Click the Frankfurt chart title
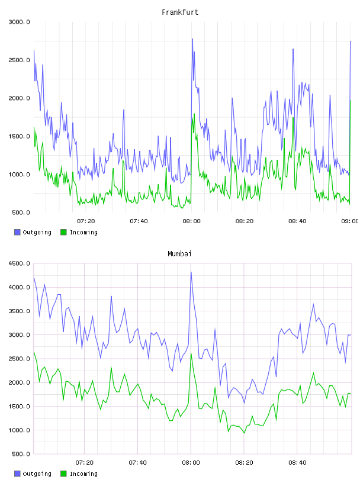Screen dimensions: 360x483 click(x=180, y=12)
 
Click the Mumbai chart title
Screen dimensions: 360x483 click(x=179, y=253)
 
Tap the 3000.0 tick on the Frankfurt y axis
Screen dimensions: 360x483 click(x=20, y=22)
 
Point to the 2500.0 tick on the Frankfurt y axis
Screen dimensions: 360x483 click(x=20, y=60)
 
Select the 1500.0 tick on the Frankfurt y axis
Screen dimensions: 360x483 click(x=20, y=137)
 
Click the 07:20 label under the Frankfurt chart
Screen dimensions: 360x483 click(x=86, y=221)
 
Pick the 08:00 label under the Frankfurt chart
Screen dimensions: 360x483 click(x=191, y=221)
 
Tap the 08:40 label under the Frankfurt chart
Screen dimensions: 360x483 click(x=297, y=221)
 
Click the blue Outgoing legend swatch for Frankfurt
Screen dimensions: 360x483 click(x=17, y=232)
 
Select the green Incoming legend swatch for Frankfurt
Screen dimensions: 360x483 click(x=63, y=232)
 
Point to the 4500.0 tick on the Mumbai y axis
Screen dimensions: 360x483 click(x=20, y=263)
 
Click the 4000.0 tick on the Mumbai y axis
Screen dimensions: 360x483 click(x=20, y=288)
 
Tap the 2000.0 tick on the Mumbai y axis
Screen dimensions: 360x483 click(x=20, y=382)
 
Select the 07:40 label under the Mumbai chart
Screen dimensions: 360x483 click(x=138, y=462)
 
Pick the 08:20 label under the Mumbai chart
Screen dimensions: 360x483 click(x=244, y=462)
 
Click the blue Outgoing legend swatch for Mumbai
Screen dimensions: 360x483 click(x=17, y=474)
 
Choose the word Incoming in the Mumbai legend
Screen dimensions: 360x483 click(x=83, y=474)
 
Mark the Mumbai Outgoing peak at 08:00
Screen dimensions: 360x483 click(x=191, y=272)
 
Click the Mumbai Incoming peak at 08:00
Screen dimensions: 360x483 click(x=191, y=353)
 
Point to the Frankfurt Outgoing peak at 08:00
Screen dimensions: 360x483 click(x=192, y=39)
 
